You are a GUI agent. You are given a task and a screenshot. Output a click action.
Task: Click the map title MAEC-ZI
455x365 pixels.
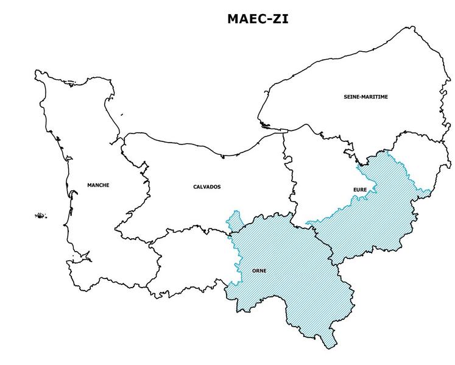click(258, 18)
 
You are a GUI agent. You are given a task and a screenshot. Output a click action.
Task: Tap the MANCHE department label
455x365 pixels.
click(98, 185)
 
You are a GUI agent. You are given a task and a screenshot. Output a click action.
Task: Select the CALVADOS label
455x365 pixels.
click(207, 186)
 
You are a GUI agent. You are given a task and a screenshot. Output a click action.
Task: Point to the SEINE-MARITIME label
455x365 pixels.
click(366, 97)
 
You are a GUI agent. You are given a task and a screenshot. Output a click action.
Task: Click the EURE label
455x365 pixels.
click(360, 190)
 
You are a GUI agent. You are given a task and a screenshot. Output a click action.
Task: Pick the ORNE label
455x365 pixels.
click(259, 271)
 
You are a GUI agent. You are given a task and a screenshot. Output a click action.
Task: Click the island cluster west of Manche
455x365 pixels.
click(41, 215)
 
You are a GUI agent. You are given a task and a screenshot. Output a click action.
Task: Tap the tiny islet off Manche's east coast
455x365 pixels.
click(122, 113)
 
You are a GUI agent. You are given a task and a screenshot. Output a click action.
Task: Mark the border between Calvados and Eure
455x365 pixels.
click(287, 177)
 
